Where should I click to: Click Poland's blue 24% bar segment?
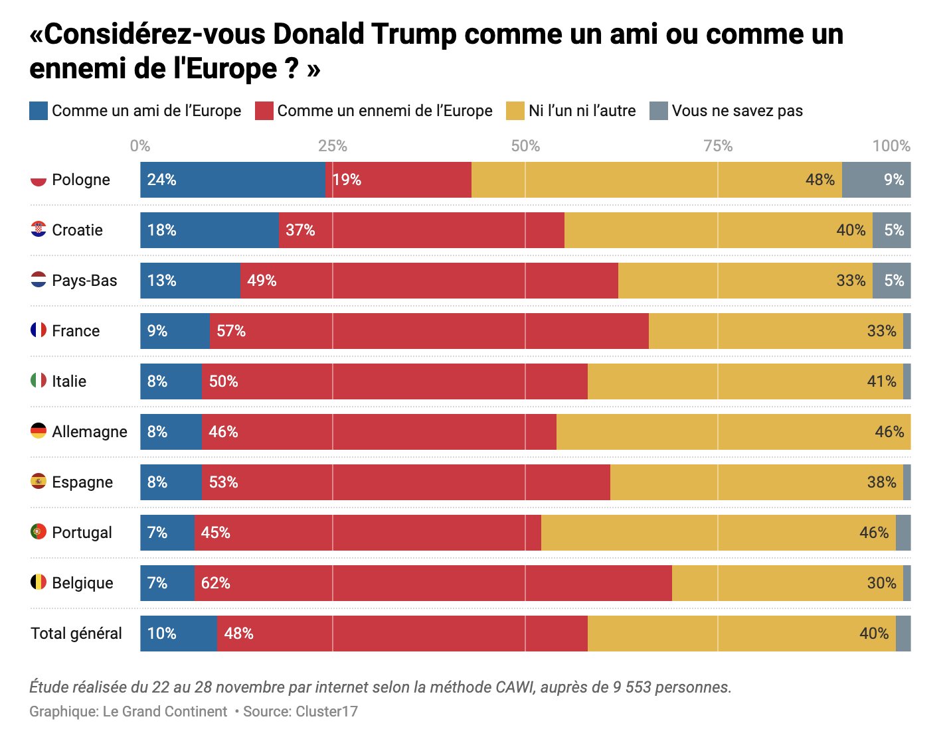tap(232, 180)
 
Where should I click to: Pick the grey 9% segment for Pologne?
tap(876, 180)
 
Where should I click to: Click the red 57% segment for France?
tap(429, 331)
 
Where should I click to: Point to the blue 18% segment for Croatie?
tap(209, 230)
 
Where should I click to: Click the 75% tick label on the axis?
tap(718, 146)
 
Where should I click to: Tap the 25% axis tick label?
tap(333, 146)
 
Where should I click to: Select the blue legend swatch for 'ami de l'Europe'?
tap(39, 111)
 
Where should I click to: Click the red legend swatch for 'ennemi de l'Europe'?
tap(264, 111)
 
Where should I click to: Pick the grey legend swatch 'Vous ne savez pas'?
tap(658, 111)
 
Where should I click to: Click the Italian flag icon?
tap(39, 380)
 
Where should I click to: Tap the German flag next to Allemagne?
tap(39, 431)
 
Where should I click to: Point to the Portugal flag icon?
tap(39, 531)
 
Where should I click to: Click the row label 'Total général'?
tap(76, 634)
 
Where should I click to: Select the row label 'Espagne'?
tap(82, 482)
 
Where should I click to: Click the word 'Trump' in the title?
tap(413, 34)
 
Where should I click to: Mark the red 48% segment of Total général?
tap(402, 634)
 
